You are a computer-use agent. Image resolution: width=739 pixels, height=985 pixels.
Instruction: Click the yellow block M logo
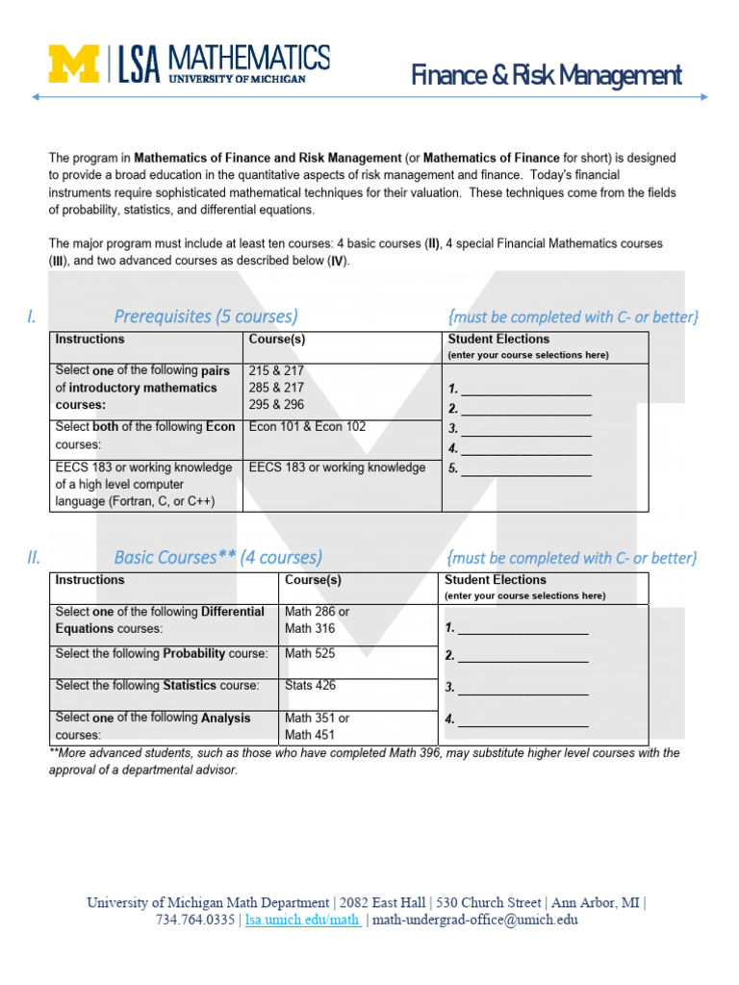(x=74, y=64)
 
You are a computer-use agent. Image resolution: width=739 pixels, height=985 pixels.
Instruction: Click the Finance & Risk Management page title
(x=547, y=75)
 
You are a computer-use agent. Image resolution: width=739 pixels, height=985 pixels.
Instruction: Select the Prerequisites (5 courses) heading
(x=206, y=316)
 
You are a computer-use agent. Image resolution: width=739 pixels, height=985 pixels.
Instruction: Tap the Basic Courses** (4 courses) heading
(x=217, y=557)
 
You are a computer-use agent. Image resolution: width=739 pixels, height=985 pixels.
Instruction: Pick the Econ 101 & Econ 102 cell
(x=307, y=427)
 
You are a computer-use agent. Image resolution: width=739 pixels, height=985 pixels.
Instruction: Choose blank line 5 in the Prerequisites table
(x=525, y=469)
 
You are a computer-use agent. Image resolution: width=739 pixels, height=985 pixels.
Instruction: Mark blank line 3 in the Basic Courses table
(x=522, y=688)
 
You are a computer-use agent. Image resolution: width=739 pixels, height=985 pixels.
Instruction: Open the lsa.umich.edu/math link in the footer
(x=302, y=920)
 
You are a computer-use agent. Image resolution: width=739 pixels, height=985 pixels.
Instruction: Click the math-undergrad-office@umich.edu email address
(x=474, y=920)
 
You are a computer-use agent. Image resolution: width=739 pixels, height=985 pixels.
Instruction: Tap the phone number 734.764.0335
(x=195, y=920)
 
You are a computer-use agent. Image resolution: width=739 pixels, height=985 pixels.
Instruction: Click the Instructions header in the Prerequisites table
(x=89, y=340)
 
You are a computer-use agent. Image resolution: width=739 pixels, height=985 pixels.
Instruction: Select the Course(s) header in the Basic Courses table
(x=313, y=580)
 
